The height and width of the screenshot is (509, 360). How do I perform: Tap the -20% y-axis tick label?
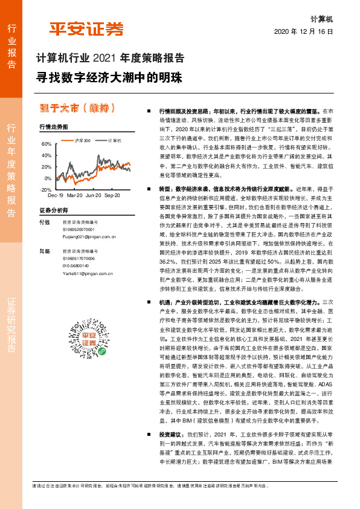point(45,190)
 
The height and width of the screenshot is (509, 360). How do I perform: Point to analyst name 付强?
point(44,222)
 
